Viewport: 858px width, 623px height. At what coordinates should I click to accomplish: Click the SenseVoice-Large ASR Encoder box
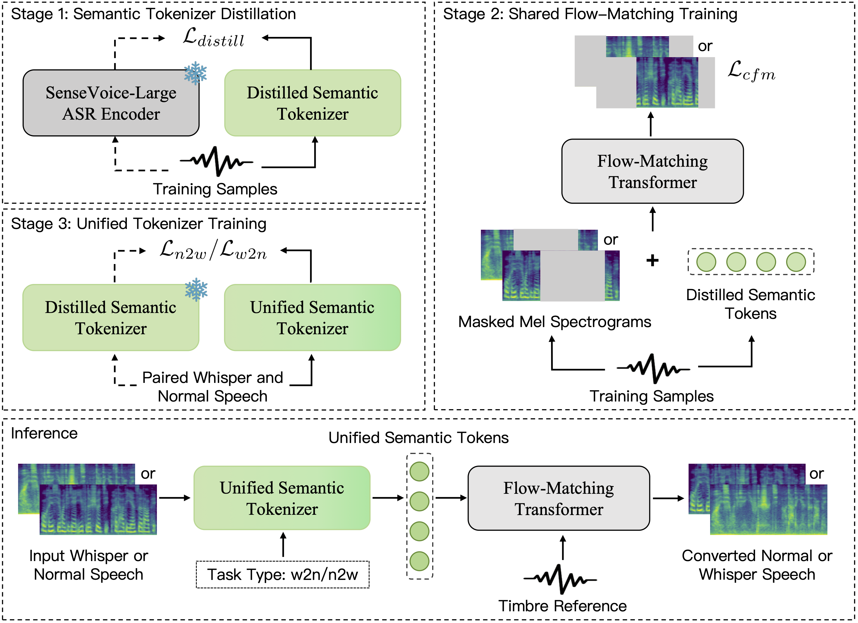[x=111, y=103]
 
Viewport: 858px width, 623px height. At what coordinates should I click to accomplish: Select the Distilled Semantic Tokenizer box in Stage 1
[x=313, y=103]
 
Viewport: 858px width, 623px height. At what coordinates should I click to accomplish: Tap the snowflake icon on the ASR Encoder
[x=195, y=73]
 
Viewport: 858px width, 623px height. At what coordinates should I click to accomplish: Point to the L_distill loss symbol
[x=214, y=39]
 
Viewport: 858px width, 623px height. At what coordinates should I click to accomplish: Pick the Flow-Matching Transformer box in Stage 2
[x=652, y=171]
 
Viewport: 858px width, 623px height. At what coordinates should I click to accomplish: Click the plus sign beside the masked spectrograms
[x=652, y=260]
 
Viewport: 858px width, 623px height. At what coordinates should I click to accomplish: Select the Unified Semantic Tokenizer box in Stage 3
[x=313, y=318]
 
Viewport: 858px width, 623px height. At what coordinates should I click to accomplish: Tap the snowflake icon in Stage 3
[x=196, y=290]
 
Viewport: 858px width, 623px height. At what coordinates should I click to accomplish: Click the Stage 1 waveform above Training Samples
[x=216, y=161]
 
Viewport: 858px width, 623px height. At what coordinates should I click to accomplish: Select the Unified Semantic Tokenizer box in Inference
[x=282, y=498]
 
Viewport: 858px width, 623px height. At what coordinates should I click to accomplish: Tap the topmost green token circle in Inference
[x=419, y=472]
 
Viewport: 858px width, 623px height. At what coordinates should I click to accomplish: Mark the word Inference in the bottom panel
[x=44, y=433]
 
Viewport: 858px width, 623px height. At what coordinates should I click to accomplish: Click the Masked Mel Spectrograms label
[x=555, y=322]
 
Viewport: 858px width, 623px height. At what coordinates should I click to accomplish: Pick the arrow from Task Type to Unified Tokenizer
[x=283, y=545]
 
